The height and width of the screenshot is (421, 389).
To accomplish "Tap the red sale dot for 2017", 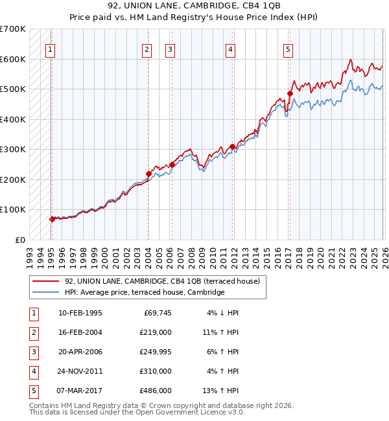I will click(x=290, y=93).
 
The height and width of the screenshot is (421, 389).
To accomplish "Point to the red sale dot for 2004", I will click(x=148, y=174).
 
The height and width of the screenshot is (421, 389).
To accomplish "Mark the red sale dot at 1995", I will click(x=52, y=219).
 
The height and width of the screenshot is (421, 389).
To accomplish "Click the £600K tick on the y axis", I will click(x=13, y=59).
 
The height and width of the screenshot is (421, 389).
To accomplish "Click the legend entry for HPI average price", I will click(x=144, y=293).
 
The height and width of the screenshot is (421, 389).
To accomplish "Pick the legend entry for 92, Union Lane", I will click(x=162, y=281).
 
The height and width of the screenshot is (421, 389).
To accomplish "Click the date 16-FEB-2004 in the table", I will click(x=80, y=332).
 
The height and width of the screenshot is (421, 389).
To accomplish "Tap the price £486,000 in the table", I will click(x=157, y=391).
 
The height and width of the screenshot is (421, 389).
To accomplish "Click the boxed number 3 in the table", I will click(x=33, y=352).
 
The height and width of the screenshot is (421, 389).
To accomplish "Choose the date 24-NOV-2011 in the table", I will click(x=80, y=371).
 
